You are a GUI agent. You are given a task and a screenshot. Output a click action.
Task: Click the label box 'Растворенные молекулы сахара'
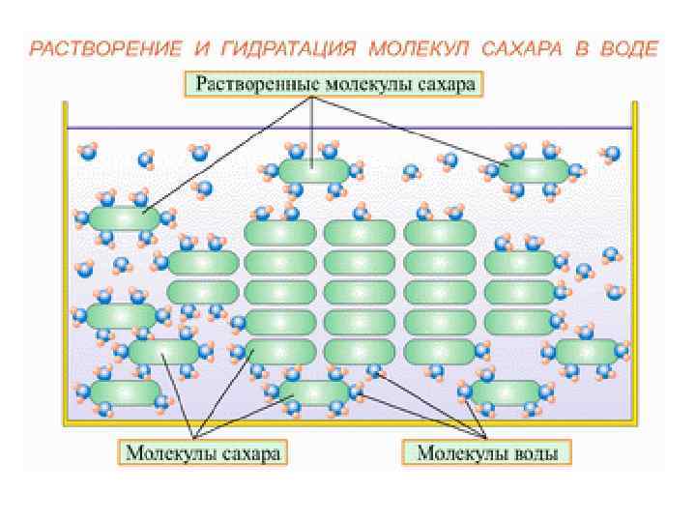(335, 84)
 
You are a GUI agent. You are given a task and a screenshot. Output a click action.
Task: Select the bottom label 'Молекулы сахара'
(204, 451)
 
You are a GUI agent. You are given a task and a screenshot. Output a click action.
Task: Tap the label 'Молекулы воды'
(487, 451)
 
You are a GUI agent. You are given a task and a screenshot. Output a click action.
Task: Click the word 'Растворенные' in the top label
(252, 84)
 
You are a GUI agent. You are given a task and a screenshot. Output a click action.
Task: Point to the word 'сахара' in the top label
(447, 84)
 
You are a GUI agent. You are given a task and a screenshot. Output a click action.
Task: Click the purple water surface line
(348, 128)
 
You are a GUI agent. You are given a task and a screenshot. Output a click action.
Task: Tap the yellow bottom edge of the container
(348, 421)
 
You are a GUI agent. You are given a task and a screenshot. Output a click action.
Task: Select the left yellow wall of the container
(66, 271)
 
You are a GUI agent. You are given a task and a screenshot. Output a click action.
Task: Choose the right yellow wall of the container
(632, 271)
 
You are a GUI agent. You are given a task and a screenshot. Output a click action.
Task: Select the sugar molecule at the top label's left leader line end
(124, 218)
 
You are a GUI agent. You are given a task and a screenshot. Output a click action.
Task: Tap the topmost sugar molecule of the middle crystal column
(360, 232)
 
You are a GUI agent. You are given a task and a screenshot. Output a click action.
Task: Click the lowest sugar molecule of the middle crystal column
(360, 351)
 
